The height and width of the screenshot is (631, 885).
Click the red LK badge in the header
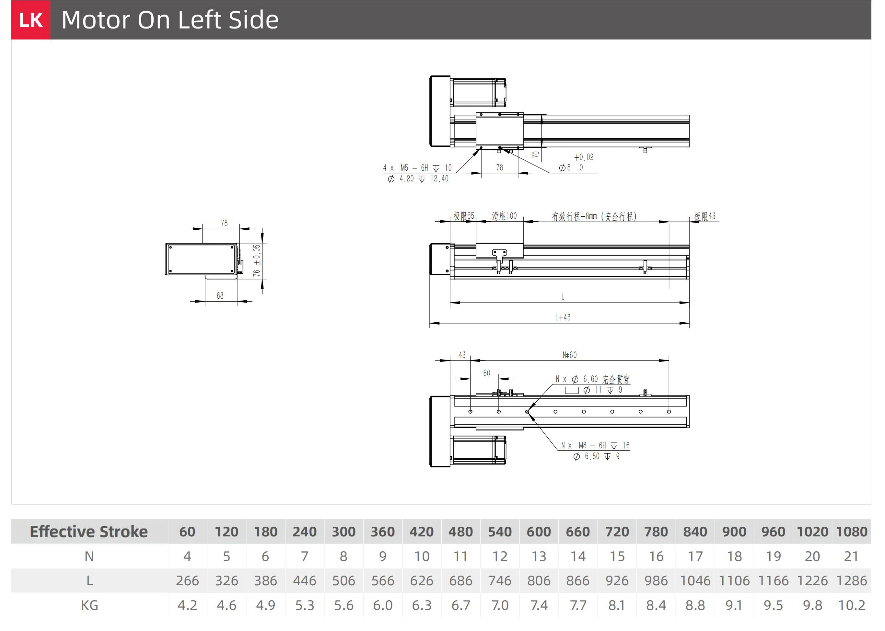[31, 20]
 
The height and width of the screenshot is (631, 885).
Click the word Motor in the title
[96, 20]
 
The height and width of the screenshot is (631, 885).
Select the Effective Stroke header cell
[89, 532]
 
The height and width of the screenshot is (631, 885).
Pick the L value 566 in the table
[382, 580]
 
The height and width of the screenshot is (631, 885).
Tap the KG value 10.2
[851, 605]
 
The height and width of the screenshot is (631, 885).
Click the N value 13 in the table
[539, 556]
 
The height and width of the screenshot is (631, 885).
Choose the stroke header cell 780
[656, 532]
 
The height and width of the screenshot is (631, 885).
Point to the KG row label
[89, 605]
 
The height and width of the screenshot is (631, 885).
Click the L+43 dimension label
[563, 317]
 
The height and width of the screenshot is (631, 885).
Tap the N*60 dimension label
[570, 355]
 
